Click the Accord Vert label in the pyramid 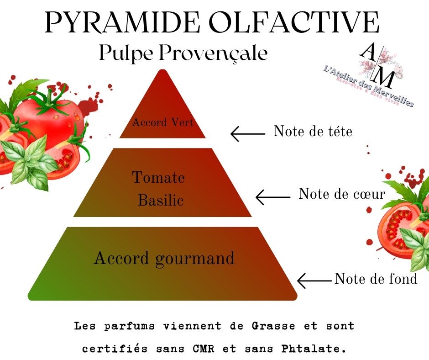pos(162,122)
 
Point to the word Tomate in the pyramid pos(158,177)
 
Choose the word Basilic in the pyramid pos(161,200)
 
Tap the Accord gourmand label pos(164,258)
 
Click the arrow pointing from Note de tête pos(248,134)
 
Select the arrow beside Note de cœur pos(273,197)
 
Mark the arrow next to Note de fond pos(314,280)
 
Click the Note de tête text pos(313,132)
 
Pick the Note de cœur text pos(342,194)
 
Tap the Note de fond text pos(376,278)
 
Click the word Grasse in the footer pos(272,327)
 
